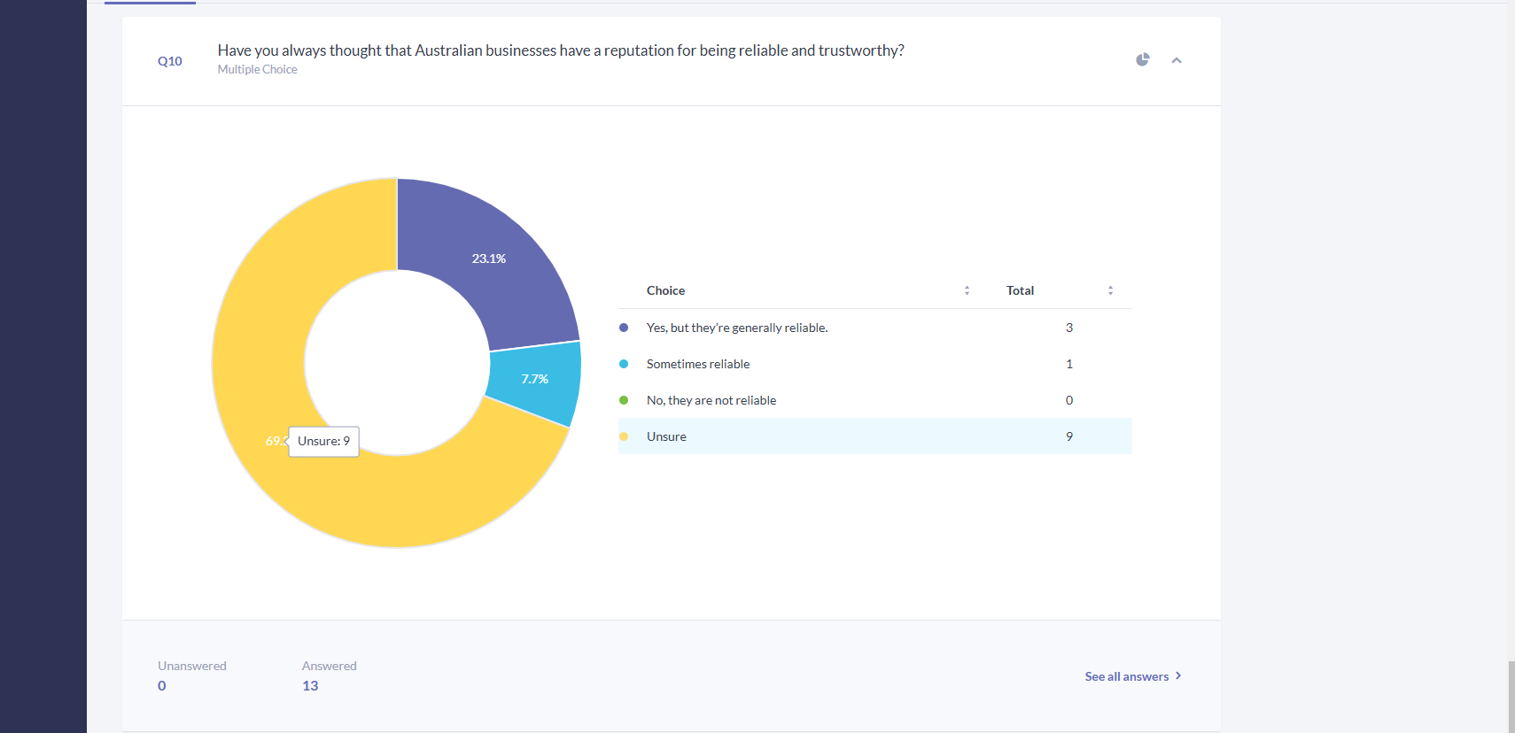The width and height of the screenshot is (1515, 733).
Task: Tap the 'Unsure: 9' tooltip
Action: [x=323, y=441]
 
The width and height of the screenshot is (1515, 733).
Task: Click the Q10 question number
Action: [x=170, y=61]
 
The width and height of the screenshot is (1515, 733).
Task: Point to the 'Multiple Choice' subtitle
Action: [x=257, y=69]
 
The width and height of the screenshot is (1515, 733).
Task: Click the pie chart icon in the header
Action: [x=1142, y=59]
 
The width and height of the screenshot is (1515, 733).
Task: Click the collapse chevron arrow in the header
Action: [x=1177, y=60]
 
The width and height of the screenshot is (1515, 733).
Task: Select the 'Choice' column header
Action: [x=665, y=290]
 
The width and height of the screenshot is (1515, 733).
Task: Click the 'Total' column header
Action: [x=1020, y=290]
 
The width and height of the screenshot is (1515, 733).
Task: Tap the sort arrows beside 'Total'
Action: [x=1110, y=290]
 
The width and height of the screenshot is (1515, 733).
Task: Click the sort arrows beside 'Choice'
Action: [x=967, y=290]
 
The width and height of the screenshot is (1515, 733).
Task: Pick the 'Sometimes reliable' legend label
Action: [x=698, y=364]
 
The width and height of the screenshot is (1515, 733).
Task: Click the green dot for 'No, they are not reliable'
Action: [x=624, y=400]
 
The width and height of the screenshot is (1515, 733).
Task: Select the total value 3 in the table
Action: [x=1069, y=328]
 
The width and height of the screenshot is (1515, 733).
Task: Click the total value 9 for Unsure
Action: [x=1069, y=436]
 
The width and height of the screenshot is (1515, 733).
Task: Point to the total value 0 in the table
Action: [x=1069, y=400]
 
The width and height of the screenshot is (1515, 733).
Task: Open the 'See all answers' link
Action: [x=1133, y=676]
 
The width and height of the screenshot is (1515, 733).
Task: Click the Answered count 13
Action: [x=310, y=686]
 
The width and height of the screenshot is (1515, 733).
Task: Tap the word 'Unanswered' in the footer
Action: [x=192, y=666]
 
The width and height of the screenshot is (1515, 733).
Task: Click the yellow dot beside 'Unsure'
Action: [x=624, y=436]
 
